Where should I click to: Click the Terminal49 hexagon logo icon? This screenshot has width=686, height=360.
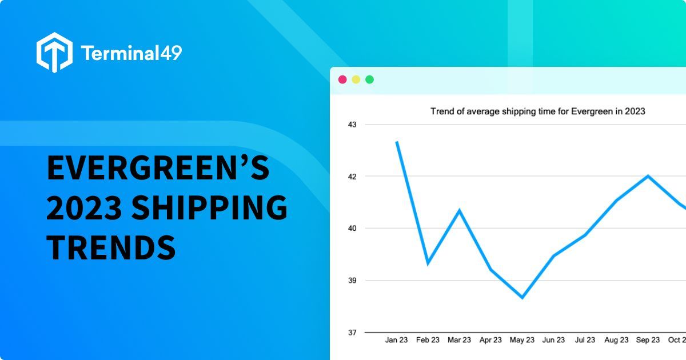(x=54, y=52)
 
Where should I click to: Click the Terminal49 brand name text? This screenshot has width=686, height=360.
(x=131, y=53)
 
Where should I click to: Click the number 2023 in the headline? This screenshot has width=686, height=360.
(x=84, y=208)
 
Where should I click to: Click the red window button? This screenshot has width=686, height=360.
(x=342, y=79)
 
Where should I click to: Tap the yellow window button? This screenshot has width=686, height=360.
(x=356, y=79)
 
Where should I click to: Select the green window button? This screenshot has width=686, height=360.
(x=369, y=79)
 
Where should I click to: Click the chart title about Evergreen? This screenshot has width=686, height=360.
(x=537, y=111)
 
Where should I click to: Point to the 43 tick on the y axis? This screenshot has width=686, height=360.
(x=352, y=124)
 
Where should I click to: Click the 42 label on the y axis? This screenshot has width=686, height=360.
(x=352, y=176)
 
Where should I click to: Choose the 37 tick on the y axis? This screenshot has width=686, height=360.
(x=352, y=332)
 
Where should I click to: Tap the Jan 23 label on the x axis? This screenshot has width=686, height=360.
(x=396, y=340)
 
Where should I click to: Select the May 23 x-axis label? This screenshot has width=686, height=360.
(x=522, y=340)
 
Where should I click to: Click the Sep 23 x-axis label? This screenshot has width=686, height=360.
(x=648, y=340)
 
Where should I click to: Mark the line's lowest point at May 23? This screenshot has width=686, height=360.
(x=522, y=297)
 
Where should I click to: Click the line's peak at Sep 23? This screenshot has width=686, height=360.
(x=648, y=176)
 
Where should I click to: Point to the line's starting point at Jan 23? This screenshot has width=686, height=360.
(x=397, y=142)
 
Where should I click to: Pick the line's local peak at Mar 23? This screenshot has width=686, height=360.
(x=459, y=210)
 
